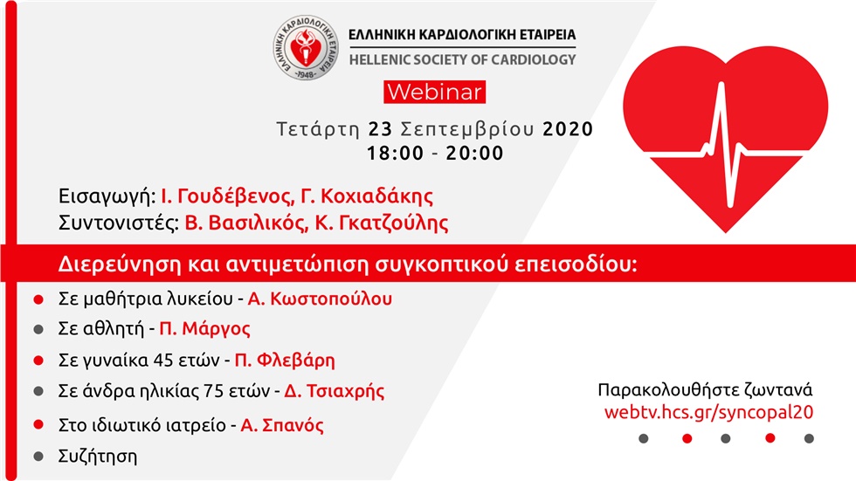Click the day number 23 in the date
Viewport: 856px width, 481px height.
379,129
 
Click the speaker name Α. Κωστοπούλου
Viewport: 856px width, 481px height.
320,299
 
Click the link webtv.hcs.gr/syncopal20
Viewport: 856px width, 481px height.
709,411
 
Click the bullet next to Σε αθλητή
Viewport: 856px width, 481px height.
38,329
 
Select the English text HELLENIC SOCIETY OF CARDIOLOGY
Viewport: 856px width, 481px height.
462,59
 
